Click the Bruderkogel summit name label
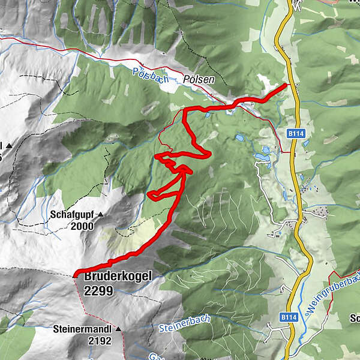[x=118, y=277]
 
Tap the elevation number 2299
[x=98, y=290]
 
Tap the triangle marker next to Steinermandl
[x=118, y=329]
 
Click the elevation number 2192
[x=99, y=341]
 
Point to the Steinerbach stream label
[x=185, y=325]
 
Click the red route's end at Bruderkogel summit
[x=76, y=275]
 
